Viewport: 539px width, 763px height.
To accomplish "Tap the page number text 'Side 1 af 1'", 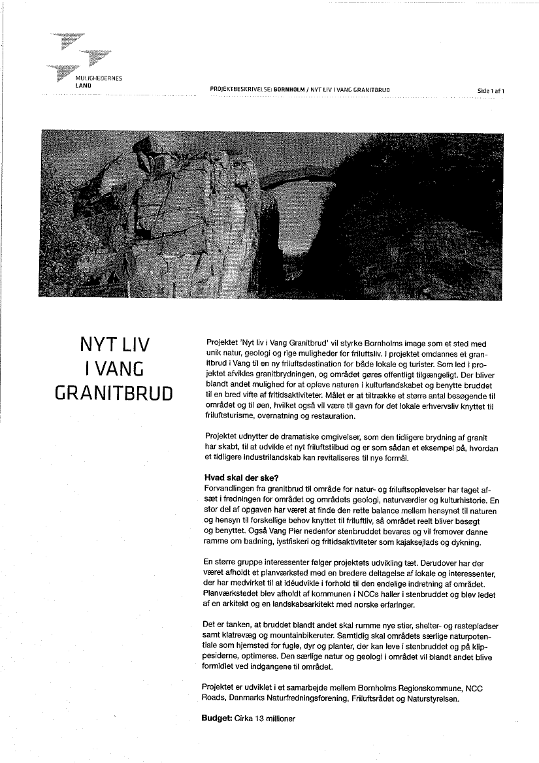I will [x=491, y=91].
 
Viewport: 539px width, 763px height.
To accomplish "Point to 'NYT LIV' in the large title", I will [x=114, y=346].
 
